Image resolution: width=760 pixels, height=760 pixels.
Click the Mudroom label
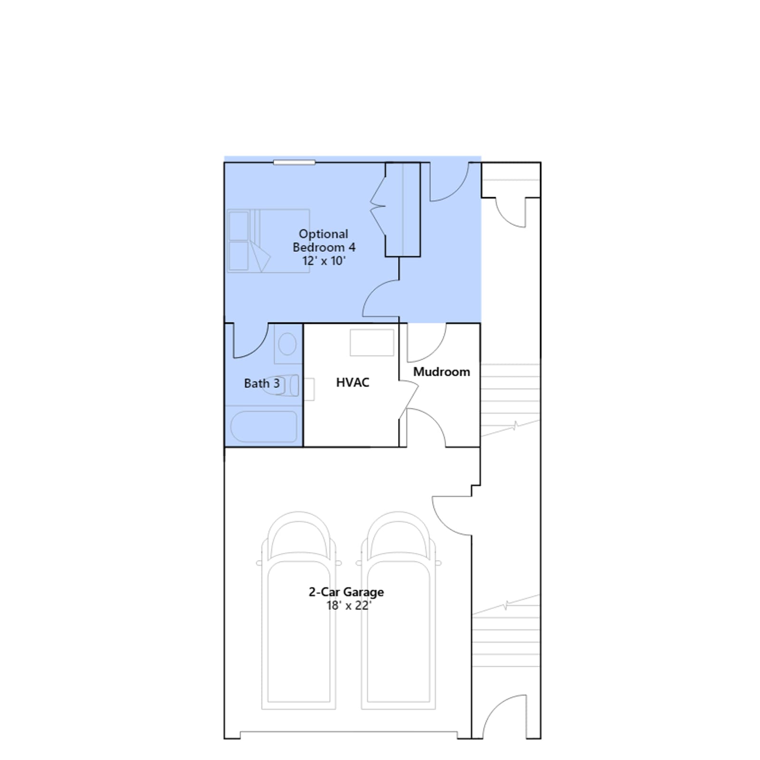(441, 371)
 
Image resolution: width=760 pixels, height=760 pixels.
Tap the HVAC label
(352, 382)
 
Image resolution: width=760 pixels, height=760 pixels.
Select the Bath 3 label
(262, 383)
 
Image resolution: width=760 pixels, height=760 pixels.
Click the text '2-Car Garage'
(346, 592)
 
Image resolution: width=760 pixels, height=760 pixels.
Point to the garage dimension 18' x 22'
(348, 606)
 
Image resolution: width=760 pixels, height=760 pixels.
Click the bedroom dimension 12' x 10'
(324, 261)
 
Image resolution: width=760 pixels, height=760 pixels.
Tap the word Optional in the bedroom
(323, 234)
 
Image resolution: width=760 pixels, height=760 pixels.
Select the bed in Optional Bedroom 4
(268, 241)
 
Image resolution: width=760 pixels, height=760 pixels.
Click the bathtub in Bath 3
(264, 427)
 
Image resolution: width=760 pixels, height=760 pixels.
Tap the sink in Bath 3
(287, 344)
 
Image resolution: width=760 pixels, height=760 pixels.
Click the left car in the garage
(299, 610)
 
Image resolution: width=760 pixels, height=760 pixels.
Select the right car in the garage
(399, 610)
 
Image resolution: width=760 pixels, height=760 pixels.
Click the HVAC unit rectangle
(372, 342)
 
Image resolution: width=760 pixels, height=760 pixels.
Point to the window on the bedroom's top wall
(294, 162)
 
